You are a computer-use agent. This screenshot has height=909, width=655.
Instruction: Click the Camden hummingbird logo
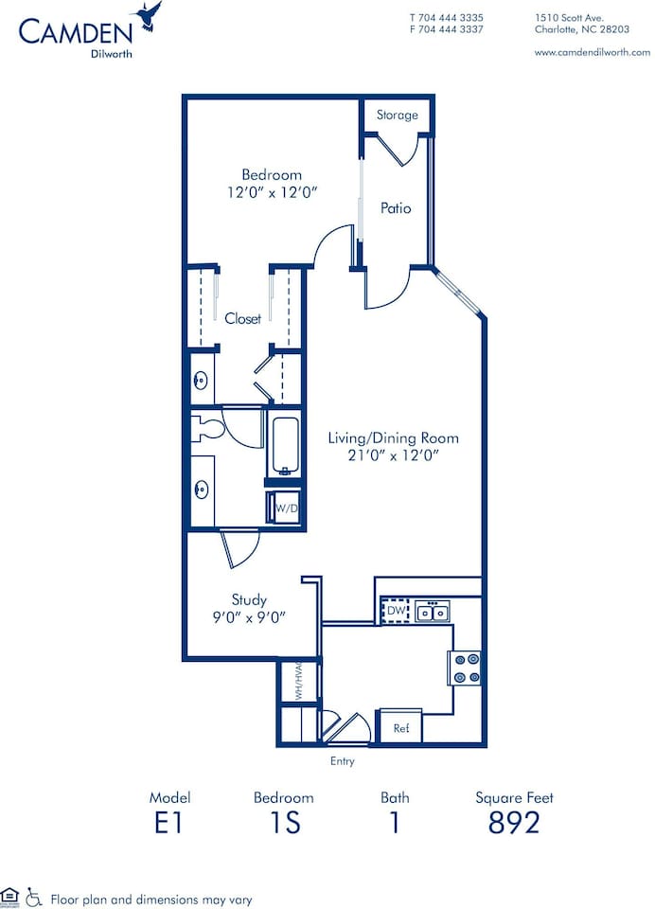point(149,16)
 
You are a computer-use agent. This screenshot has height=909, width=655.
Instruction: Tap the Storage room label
point(397,116)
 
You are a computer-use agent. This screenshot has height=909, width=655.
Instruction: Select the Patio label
point(396,208)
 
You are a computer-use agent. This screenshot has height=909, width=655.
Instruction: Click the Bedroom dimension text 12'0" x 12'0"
point(272,192)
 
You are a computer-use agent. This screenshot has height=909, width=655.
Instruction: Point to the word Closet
point(243,319)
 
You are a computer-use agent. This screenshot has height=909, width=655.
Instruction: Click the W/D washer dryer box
point(286,508)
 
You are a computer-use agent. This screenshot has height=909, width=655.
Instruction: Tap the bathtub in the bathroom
point(285,446)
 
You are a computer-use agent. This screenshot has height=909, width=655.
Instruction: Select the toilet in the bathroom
point(207,428)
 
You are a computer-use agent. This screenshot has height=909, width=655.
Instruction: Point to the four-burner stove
point(466,668)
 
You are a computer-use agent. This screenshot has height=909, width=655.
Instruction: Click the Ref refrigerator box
point(400,727)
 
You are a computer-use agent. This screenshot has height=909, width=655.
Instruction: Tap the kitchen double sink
point(434,613)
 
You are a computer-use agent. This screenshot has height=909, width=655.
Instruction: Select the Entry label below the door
point(342,761)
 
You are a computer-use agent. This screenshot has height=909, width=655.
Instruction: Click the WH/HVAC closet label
point(297,679)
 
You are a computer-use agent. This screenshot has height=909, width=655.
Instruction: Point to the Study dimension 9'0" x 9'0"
point(249,616)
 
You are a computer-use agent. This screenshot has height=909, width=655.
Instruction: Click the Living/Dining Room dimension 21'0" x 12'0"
point(393,455)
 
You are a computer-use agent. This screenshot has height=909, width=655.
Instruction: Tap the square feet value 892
point(514,823)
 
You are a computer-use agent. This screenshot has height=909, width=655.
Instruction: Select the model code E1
point(168,823)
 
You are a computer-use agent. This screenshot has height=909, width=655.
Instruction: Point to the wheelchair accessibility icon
point(33,895)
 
